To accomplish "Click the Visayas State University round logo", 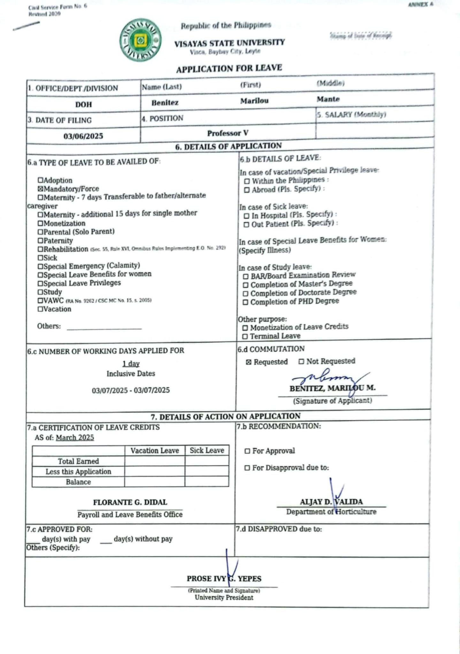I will (x=140, y=40).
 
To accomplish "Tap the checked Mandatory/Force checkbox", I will (x=40, y=189).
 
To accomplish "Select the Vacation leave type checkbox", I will (x=40, y=309).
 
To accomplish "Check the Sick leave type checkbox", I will (x=40, y=258).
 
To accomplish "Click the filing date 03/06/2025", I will (x=83, y=136).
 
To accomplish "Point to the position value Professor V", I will (x=228, y=133).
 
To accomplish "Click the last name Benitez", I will (x=165, y=103).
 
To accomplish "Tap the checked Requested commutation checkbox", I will (x=249, y=362).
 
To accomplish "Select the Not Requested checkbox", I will (x=301, y=361).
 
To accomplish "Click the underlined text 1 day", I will (x=131, y=364).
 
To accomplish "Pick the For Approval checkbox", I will (x=247, y=451).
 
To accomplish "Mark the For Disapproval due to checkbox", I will (x=247, y=468).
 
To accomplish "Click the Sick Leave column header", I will (x=207, y=451).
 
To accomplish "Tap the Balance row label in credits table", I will (x=78, y=482).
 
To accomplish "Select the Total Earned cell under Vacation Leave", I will (x=155, y=461).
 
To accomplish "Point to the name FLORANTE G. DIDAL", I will (x=130, y=502).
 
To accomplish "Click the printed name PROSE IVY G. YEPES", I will (x=224, y=579).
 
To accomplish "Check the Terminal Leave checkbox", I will (x=245, y=337).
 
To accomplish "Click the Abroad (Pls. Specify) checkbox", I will (x=247, y=190).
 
